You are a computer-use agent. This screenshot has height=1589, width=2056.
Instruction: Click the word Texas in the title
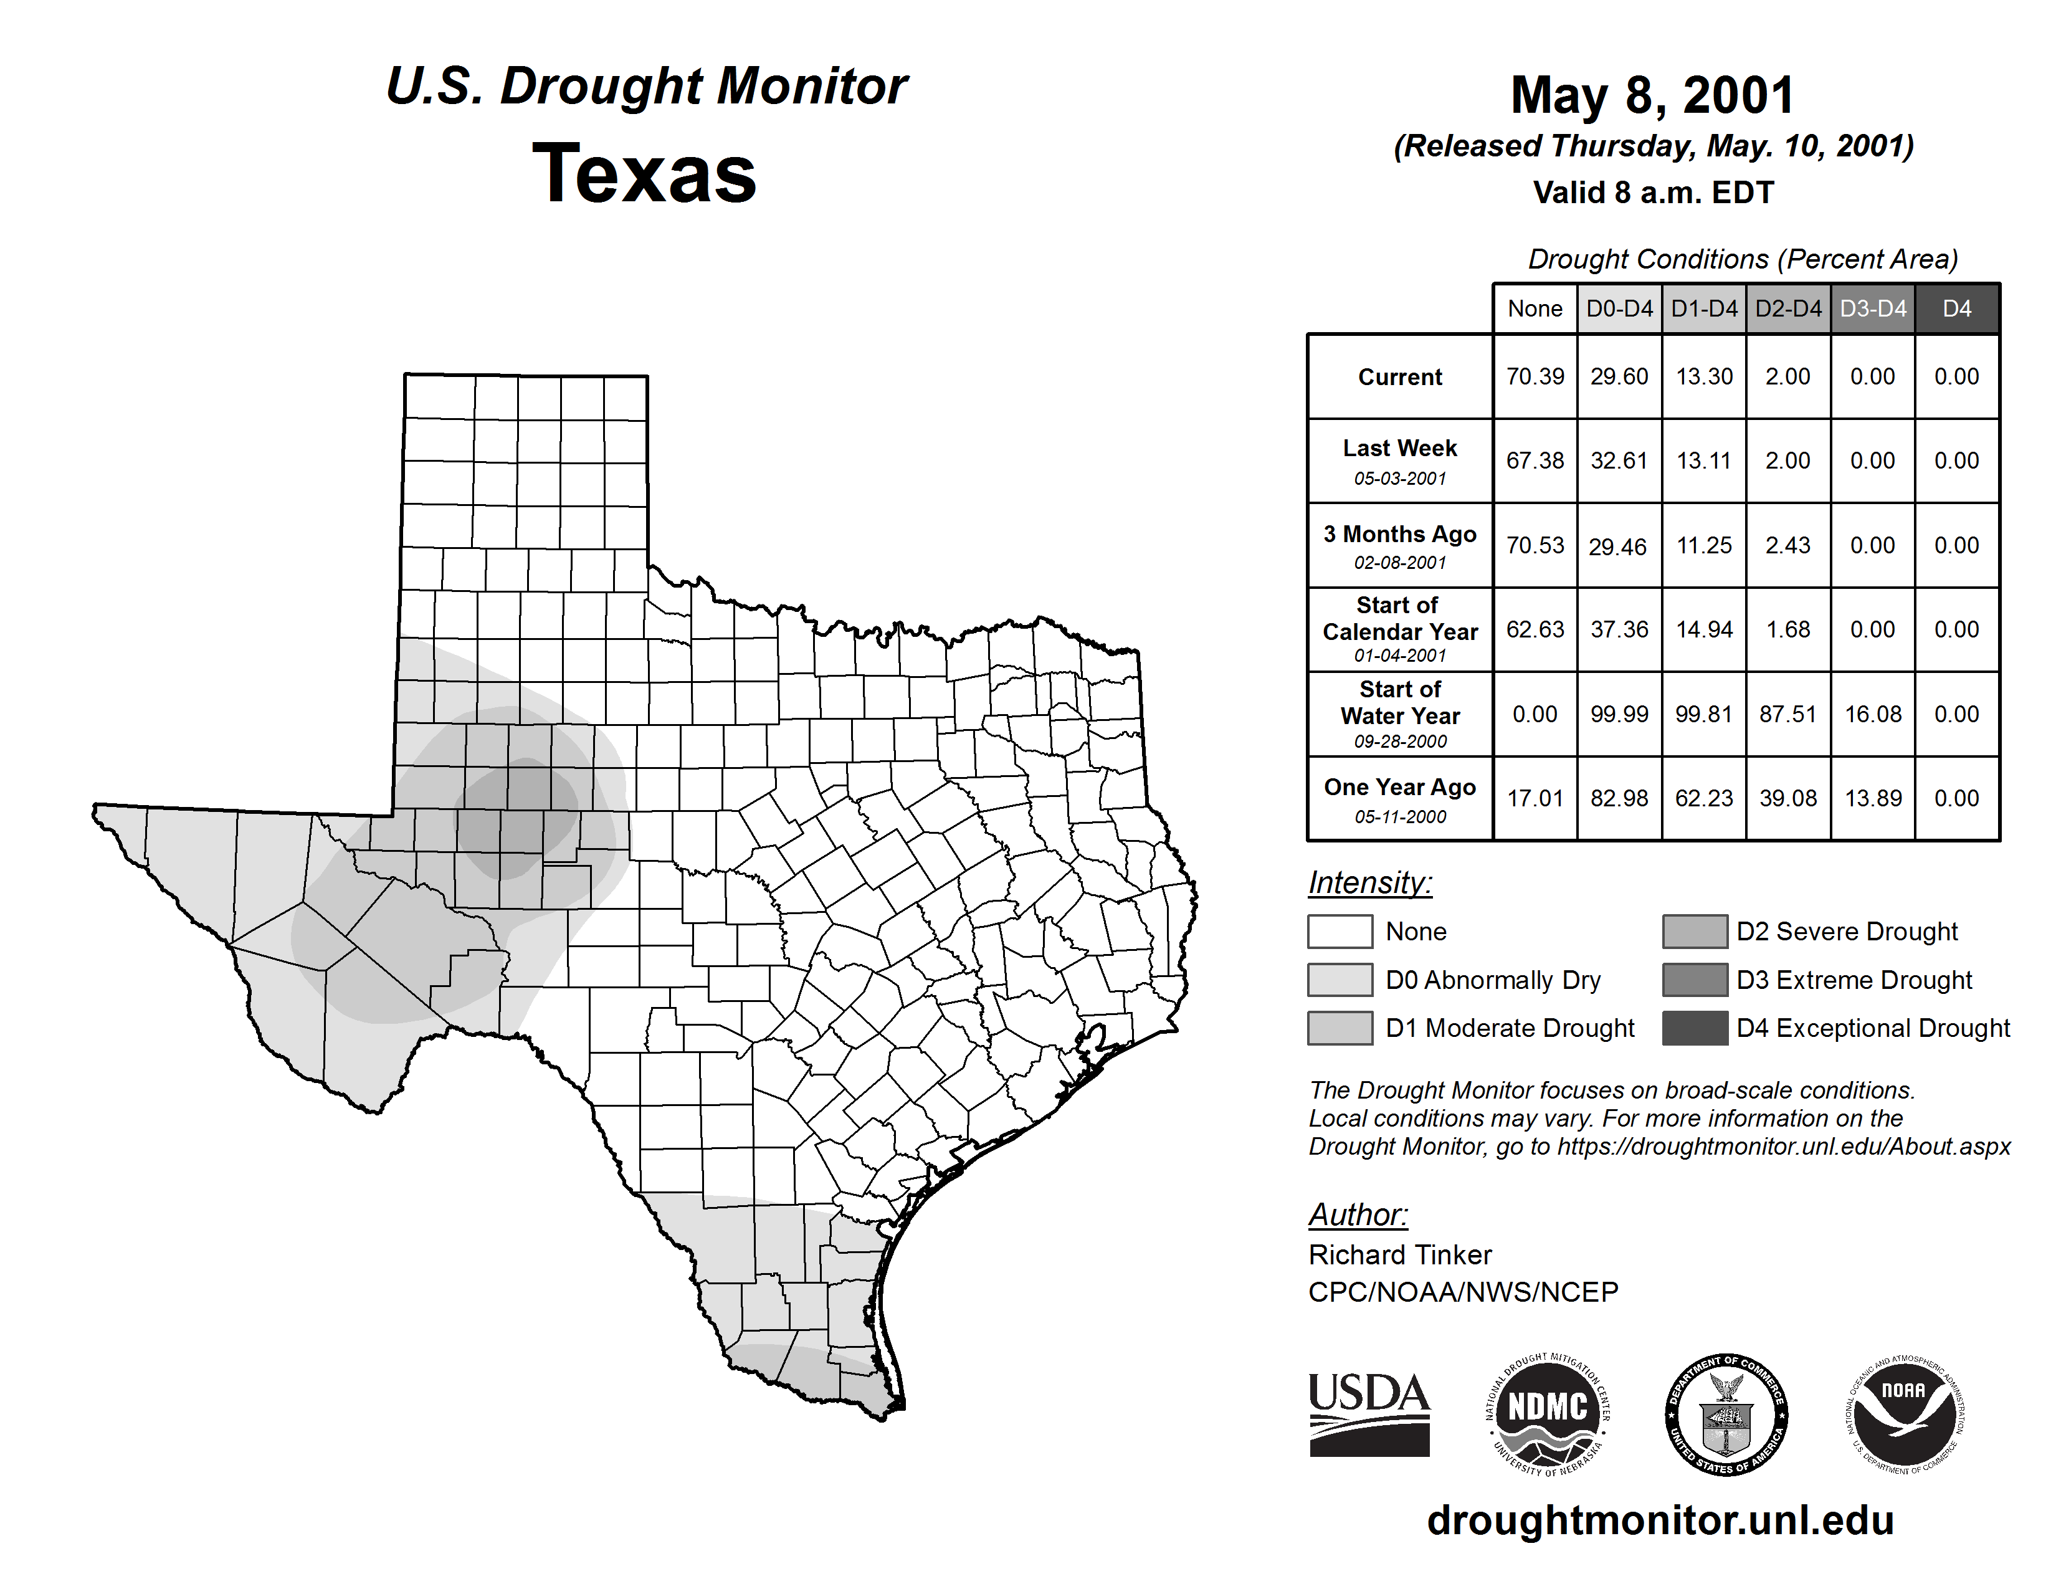[644, 173]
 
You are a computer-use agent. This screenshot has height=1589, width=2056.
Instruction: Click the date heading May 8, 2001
[1652, 95]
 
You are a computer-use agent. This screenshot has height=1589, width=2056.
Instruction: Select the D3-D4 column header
[1872, 308]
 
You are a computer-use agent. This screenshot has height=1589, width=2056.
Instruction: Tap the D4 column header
[1956, 308]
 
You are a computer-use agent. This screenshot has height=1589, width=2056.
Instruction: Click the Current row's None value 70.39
[1535, 376]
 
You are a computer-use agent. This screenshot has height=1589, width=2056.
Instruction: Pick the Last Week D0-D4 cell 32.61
[1619, 460]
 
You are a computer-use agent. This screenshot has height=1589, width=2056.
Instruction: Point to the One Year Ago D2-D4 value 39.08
[1787, 798]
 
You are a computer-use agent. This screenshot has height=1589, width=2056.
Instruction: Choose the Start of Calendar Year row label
[1400, 629]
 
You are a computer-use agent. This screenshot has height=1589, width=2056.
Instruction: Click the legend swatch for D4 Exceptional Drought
[1695, 1028]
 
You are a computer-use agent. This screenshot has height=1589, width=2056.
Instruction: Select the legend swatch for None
[1340, 931]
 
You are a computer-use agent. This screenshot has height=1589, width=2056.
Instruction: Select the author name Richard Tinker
[1400, 1255]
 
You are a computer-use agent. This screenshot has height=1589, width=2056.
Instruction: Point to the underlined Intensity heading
[1369, 883]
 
